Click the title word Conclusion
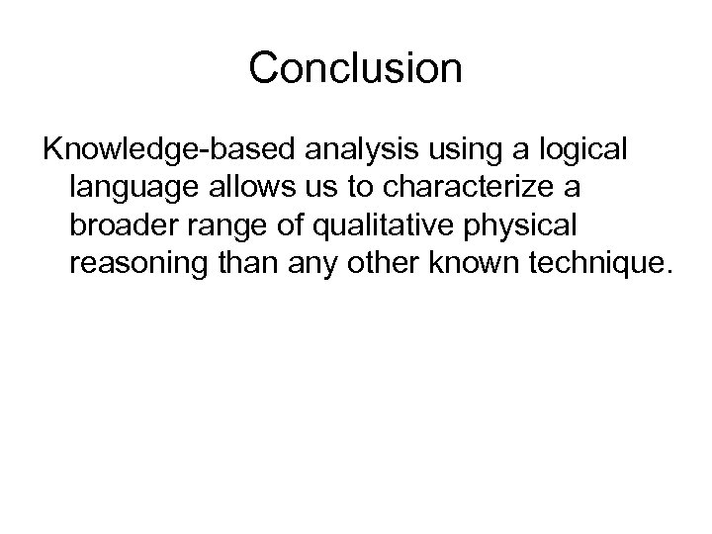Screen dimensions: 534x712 pos(355,68)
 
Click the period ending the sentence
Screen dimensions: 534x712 pos(667,269)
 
